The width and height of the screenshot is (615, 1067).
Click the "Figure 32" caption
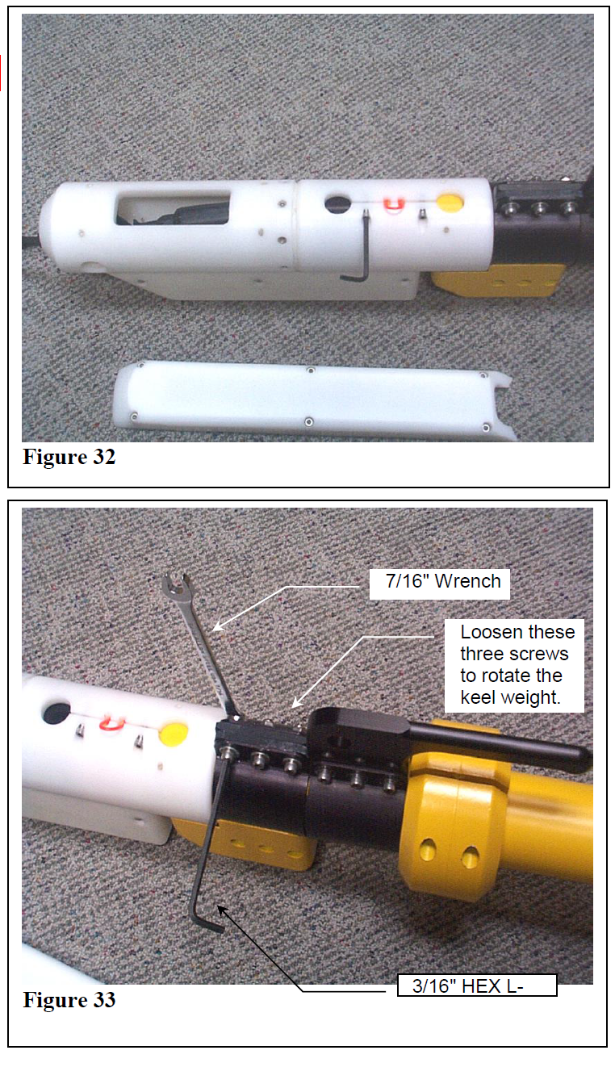pos(69,457)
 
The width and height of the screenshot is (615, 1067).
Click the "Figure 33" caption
pos(69,999)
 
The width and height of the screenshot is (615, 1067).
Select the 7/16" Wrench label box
pos(439,584)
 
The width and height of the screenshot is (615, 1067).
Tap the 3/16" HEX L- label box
pos(477,985)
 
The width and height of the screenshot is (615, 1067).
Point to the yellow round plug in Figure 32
pos(450,203)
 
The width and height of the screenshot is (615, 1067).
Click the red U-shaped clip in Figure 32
pos(394,204)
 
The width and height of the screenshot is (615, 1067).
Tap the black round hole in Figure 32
pos(337,203)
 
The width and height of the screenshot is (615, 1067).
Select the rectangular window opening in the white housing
pos(173,207)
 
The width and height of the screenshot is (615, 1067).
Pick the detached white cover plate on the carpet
pos(315,400)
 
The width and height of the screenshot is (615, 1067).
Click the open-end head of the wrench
pos(175,585)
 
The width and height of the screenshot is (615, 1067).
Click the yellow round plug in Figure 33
pos(174,734)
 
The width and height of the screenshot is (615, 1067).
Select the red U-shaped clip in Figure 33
pos(112,723)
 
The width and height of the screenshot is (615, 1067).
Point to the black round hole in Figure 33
pos(56,713)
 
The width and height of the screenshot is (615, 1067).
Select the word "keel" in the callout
pos(478,697)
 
